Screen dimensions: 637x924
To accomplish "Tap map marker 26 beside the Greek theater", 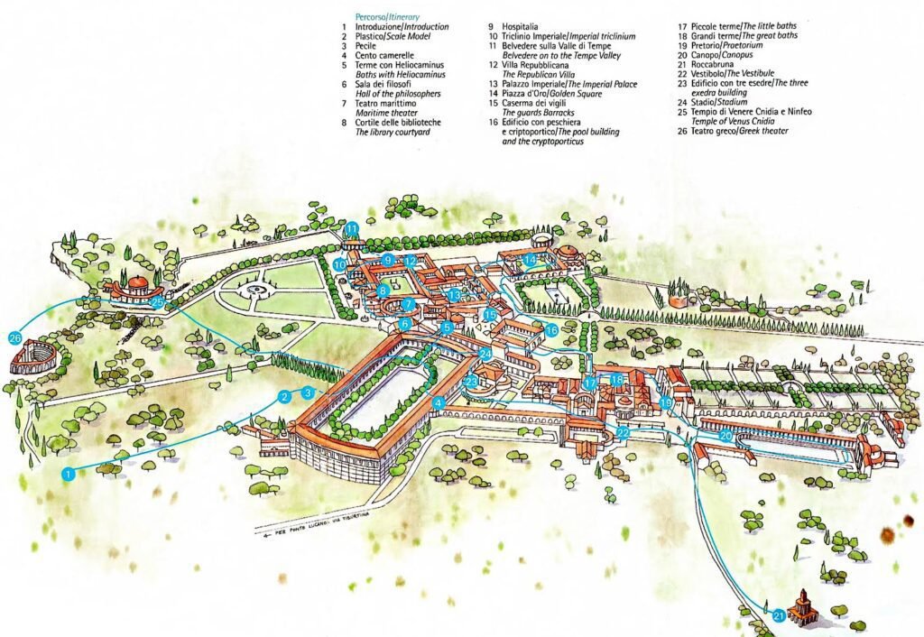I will (14, 337).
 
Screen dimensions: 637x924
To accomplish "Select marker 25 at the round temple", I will (158, 303).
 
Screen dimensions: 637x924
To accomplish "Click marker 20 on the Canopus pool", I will (725, 436).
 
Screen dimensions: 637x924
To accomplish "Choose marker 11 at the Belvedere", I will (352, 228).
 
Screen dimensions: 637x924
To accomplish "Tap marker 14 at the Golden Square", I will (531, 261).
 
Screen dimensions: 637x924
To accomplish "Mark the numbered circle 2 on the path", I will (284, 396).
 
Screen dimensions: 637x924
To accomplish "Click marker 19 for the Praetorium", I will (666, 402).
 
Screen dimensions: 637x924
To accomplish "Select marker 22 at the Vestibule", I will (624, 433).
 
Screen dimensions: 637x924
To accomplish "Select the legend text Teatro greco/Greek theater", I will (736, 131).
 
